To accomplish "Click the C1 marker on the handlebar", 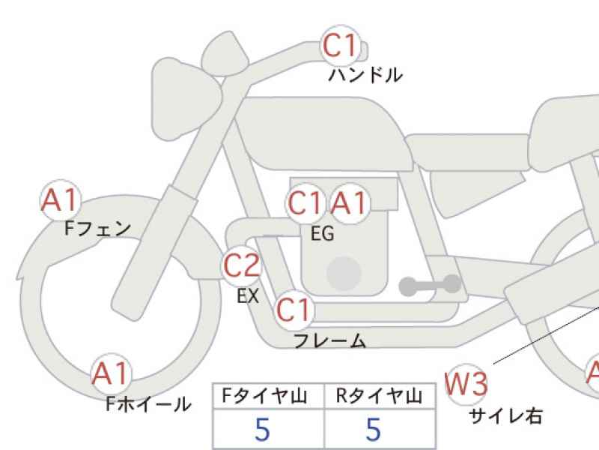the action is pos(341,45).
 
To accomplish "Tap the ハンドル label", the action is pos(365,75).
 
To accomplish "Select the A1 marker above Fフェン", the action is pos(61,200).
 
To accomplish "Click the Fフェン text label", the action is pos(97,229).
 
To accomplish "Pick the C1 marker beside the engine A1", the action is pos(305,203).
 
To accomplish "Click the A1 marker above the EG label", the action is pos(350,203).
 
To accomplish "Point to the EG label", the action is pos(322,234).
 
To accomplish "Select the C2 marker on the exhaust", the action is pos(242,265).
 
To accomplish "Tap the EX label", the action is pos(248,295).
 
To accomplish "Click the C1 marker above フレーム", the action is pos(294,310).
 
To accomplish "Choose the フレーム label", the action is pos(329,340).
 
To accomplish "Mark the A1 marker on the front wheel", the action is pos(110,373).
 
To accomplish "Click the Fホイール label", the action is pos(148,403).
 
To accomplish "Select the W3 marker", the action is pos(466,384).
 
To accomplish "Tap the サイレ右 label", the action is pos(505,416).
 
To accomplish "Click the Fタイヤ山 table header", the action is pos(264,396).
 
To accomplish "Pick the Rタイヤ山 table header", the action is pos(379,396).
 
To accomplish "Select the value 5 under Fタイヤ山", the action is pos(263,429).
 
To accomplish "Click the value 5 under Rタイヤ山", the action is pos(373,429).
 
